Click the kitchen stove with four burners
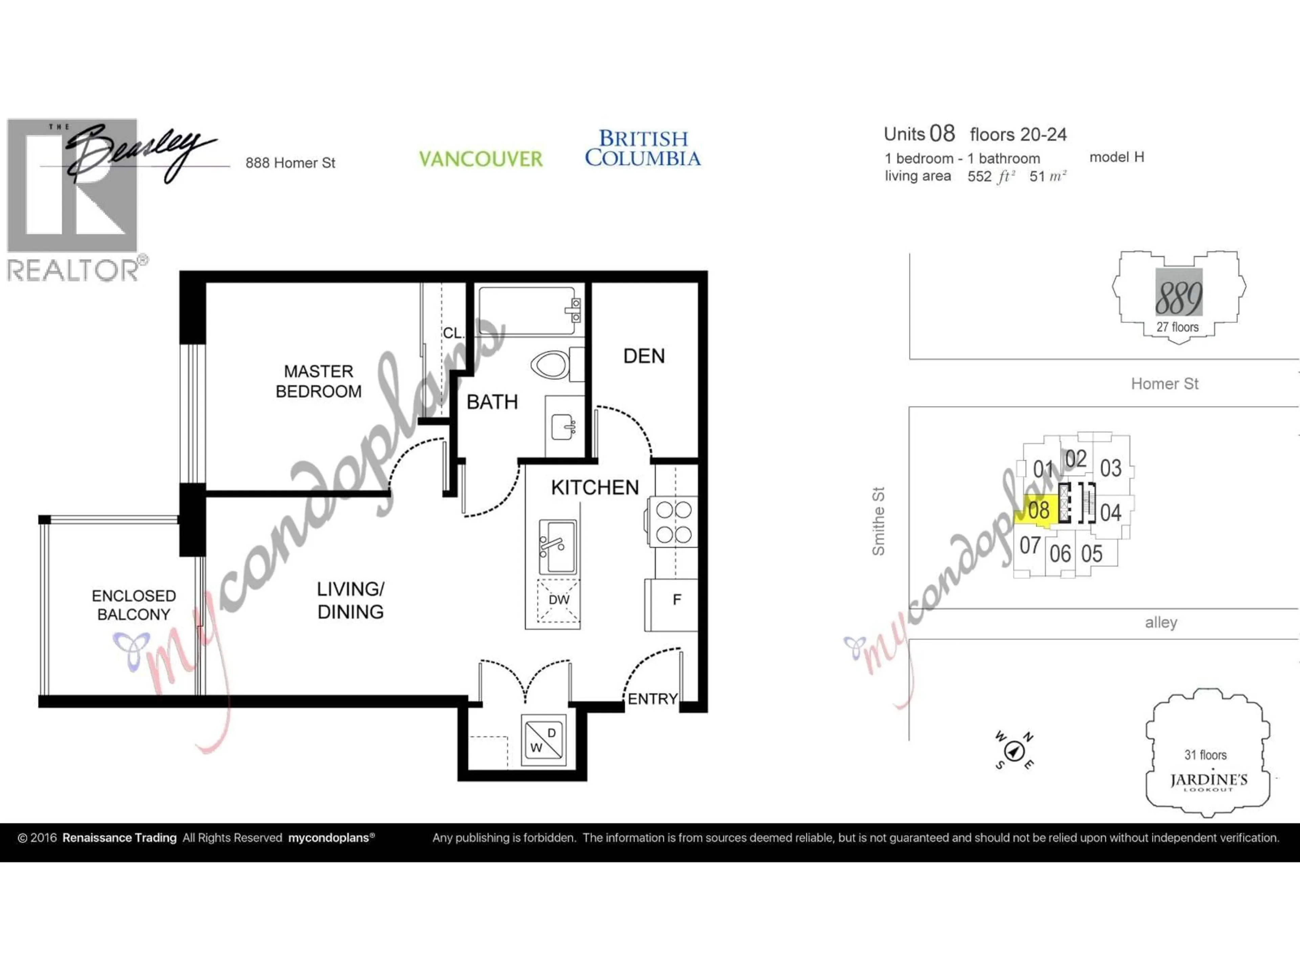click(673, 522)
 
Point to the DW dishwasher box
click(558, 600)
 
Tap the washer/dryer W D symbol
click(544, 740)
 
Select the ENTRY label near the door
click(652, 699)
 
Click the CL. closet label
click(453, 333)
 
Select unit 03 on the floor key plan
click(1110, 469)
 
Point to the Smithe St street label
click(878, 521)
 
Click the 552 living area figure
click(979, 176)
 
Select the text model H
click(1116, 157)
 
